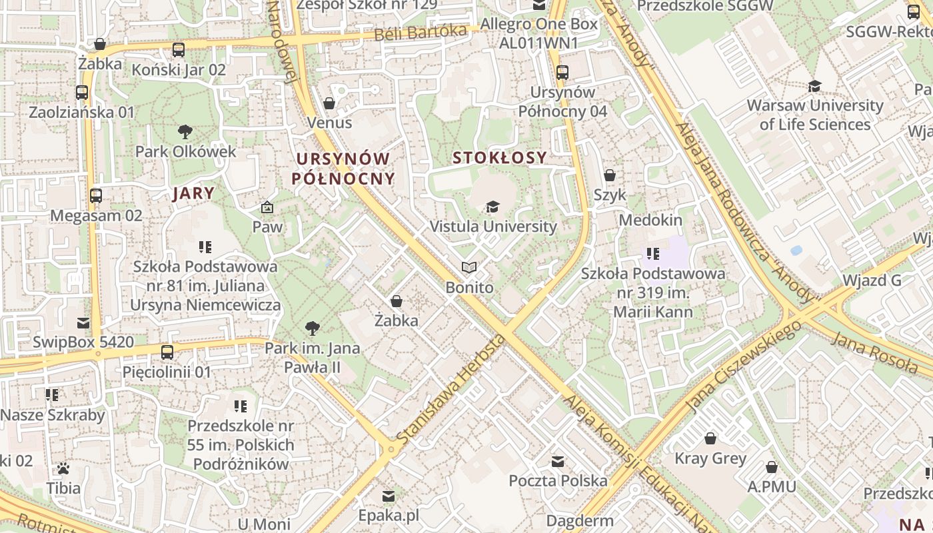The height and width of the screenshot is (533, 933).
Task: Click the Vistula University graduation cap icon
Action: (x=492, y=207)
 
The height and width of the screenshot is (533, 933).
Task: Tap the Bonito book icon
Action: (x=469, y=268)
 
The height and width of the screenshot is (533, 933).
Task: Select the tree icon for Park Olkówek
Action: (x=185, y=132)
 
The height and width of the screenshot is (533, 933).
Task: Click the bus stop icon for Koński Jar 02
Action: (x=178, y=50)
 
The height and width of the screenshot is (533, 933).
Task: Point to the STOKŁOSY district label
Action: (x=499, y=158)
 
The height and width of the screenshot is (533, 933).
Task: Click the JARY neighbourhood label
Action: (x=193, y=194)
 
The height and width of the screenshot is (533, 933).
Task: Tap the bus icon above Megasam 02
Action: (x=96, y=196)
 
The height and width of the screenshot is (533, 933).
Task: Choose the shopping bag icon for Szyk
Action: (x=609, y=176)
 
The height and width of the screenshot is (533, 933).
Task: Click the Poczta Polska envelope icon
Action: (x=558, y=461)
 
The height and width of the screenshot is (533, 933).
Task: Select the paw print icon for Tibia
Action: (x=63, y=468)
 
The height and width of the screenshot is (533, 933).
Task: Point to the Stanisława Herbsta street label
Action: (x=451, y=389)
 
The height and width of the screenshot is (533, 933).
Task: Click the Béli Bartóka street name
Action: (x=420, y=32)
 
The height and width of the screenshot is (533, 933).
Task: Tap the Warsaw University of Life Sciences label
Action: (x=814, y=115)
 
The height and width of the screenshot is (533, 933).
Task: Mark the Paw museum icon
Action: (x=267, y=208)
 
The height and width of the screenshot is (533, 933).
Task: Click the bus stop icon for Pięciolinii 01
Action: (x=167, y=352)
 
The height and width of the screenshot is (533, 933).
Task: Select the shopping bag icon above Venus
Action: (x=329, y=103)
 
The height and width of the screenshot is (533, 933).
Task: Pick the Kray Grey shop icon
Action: (x=710, y=438)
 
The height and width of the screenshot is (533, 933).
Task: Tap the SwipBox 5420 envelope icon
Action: (x=83, y=323)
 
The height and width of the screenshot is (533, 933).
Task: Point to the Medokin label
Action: (x=650, y=220)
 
